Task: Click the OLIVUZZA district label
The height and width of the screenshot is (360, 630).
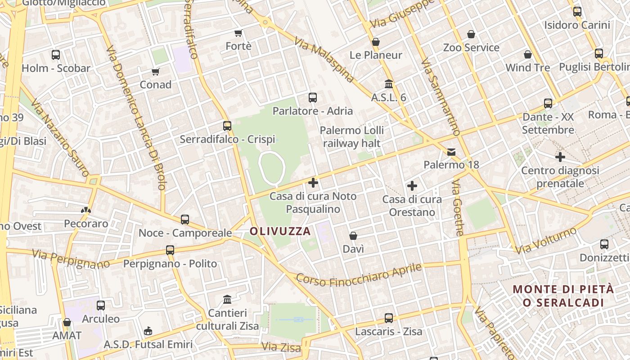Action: tap(280, 231)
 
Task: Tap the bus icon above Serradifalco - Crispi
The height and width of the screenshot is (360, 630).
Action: tap(227, 126)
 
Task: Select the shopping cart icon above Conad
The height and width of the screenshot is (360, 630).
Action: tap(156, 72)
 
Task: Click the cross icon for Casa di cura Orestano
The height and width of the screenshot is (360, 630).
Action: tap(412, 185)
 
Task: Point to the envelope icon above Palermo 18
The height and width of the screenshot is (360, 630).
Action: tap(451, 152)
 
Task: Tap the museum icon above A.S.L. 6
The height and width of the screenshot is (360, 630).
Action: tap(389, 84)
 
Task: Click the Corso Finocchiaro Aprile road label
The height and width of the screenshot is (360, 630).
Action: tap(359, 275)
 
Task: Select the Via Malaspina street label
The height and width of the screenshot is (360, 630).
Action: tap(324, 60)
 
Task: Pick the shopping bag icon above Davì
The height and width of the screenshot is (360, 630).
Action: tap(353, 236)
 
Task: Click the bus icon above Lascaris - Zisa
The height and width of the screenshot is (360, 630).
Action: tap(389, 318)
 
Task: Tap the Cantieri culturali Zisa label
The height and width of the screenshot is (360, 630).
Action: tap(228, 319)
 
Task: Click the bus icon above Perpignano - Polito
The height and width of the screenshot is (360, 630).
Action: tap(170, 250)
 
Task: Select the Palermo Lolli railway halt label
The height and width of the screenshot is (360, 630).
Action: tap(352, 137)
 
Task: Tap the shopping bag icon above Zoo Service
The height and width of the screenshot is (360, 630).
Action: tap(471, 34)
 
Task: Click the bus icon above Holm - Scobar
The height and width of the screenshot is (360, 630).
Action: tap(56, 55)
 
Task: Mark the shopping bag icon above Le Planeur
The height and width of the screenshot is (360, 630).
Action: tap(376, 42)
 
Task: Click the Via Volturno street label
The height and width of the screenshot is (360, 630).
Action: tap(546, 240)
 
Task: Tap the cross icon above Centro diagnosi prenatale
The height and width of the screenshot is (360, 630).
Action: tap(560, 157)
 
